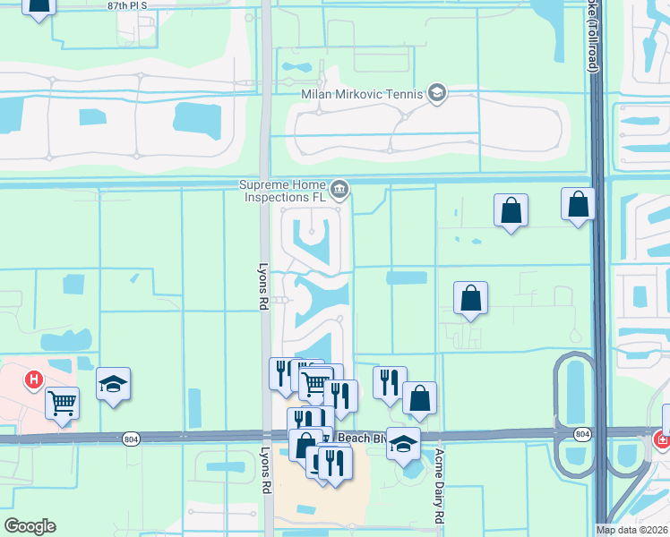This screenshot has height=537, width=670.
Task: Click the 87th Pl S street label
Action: pos(126,5)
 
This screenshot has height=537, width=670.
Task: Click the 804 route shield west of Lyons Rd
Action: pos(132,438)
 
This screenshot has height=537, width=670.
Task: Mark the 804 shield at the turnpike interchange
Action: pos(582,434)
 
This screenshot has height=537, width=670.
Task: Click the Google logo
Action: pos(30,526)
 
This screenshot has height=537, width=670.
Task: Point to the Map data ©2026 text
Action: pos(632,530)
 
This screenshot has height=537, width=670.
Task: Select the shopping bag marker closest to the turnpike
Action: pos(578,204)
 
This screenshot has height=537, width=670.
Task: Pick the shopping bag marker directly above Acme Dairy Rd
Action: pos(419,398)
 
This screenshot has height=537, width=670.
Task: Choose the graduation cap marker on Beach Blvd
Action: pos(404,444)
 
